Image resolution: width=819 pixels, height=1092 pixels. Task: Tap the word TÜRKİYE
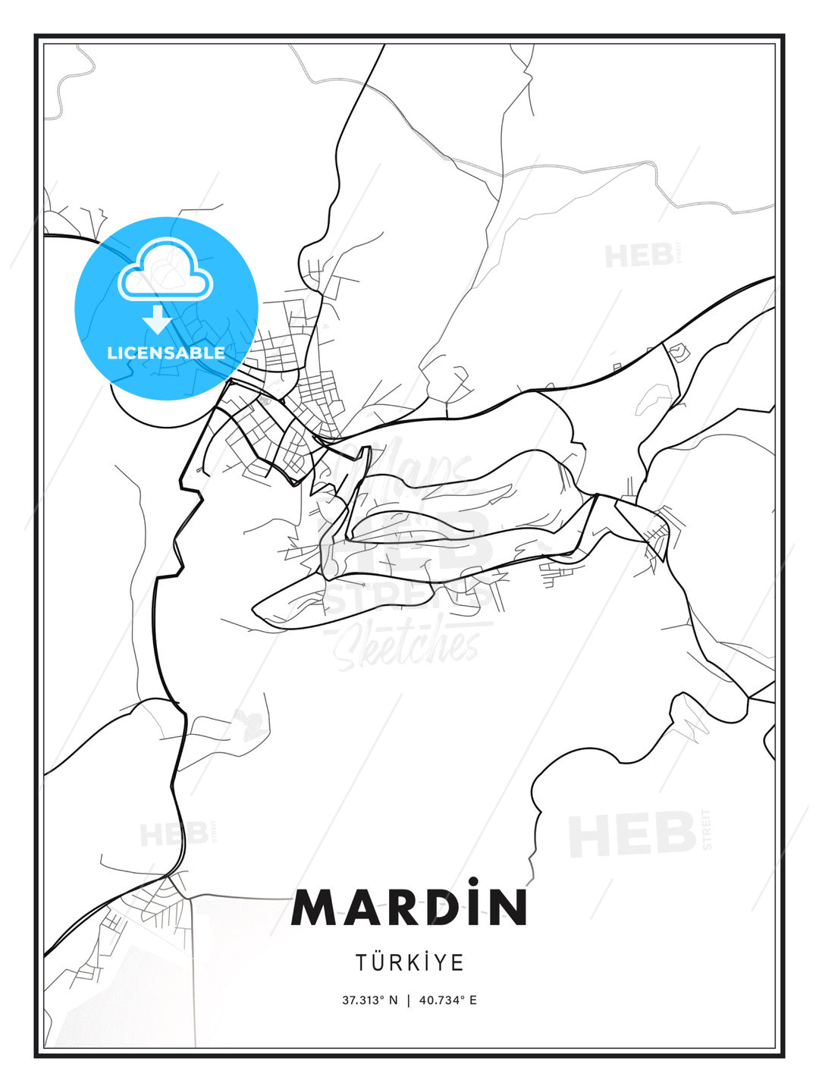pyautogui.click(x=409, y=963)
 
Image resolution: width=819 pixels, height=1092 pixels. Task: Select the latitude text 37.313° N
pyautogui.click(x=369, y=1000)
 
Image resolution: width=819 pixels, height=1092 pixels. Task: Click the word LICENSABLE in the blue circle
pyautogui.click(x=166, y=353)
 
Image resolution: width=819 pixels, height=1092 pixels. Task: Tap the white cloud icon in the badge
pyautogui.click(x=165, y=269)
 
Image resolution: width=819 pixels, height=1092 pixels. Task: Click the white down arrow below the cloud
pyautogui.click(x=158, y=319)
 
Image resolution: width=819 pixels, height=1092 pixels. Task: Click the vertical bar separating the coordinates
pyautogui.click(x=409, y=1000)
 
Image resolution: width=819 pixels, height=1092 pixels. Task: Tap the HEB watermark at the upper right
pyautogui.click(x=639, y=256)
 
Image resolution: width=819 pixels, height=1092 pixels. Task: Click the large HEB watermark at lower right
pyautogui.click(x=632, y=833)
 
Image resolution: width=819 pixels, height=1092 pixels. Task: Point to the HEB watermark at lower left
pyautogui.click(x=174, y=835)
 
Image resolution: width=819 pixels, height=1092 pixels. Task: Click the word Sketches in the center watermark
pyautogui.click(x=409, y=645)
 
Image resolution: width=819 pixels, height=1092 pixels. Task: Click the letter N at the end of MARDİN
pyautogui.click(x=507, y=908)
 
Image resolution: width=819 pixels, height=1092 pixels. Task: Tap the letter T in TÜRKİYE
pyautogui.click(x=362, y=963)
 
